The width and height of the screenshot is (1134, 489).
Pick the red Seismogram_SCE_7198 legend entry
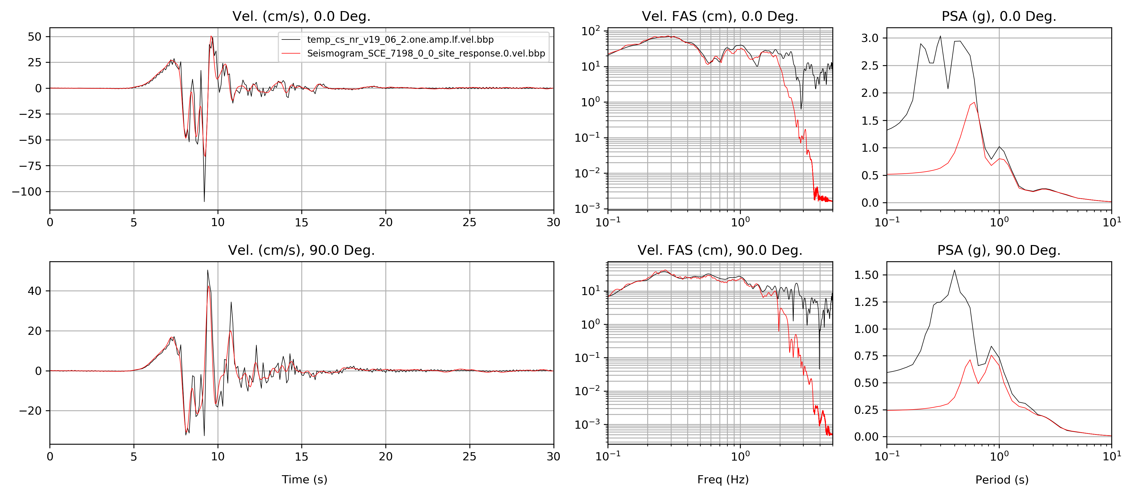pos(426,53)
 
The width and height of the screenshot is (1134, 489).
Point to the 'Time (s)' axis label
pos(304,479)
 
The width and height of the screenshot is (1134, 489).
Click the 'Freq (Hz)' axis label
pos(723,479)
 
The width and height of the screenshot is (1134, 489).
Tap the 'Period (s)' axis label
pos(1002,479)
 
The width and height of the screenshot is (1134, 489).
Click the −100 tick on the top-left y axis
pos(27,192)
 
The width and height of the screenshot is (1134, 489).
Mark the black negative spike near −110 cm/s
pos(204,201)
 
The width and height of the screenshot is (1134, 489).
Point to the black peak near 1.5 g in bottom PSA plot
pos(954,270)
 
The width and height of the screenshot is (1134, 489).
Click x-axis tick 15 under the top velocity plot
pos(302,222)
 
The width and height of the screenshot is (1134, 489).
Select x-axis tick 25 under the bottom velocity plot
pos(469,456)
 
